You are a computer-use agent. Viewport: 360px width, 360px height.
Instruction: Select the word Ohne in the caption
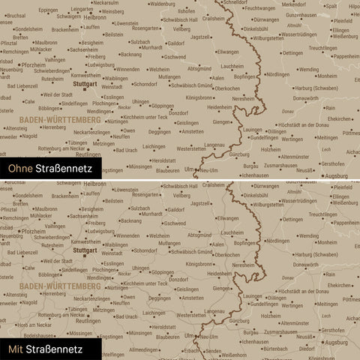point(20,170)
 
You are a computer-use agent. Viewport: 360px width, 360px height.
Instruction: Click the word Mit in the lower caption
point(16,349)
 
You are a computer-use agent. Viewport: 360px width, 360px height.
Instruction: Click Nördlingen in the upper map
point(277,75)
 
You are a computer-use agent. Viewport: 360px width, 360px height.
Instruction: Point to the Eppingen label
point(47,10)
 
